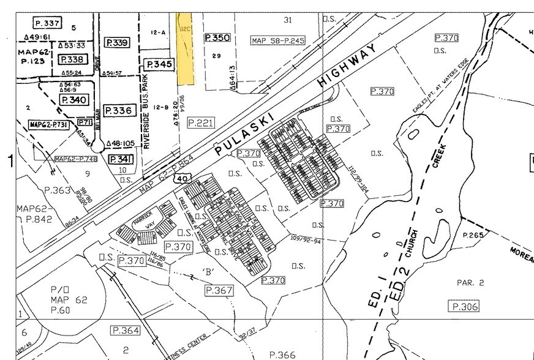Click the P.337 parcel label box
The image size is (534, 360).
[x=47, y=23]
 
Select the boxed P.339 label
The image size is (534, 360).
[x=116, y=43]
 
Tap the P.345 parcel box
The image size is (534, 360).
[x=159, y=64]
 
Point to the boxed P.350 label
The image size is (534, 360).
[x=217, y=38]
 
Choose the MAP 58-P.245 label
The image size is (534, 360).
[x=277, y=40]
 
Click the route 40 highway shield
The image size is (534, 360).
[x=181, y=178]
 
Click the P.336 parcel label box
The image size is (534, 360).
[x=118, y=111]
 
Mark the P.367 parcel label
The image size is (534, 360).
[x=219, y=290]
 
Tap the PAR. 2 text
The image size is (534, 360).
[x=470, y=283]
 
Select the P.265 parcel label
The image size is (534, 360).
[x=473, y=235]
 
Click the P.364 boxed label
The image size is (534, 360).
[x=125, y=331]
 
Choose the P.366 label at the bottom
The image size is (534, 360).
[x=283, y=354]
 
